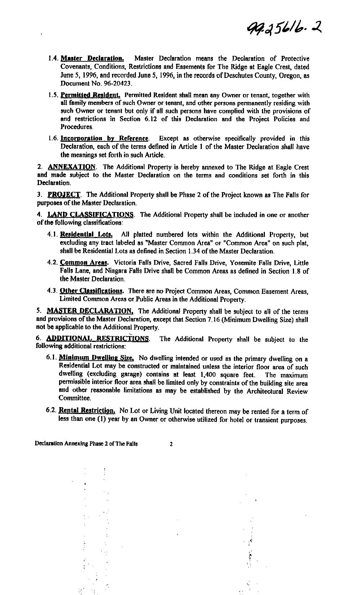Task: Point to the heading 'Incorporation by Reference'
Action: click(x=104, y=138)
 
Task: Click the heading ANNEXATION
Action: click(x=72, y=167)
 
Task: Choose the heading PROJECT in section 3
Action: click(x=64, y=195)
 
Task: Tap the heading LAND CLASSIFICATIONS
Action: click(x=90, y=215)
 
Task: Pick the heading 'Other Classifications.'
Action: click(x=92, y=291)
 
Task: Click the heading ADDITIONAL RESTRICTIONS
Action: click(x=98, y=339)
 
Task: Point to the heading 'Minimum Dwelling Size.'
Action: click(x=97, y=358)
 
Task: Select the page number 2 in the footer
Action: click(x=171, y=444)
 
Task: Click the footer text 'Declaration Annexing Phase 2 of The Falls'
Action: click(x=86, y=444)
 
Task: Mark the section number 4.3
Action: click(x=52, y=291)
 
